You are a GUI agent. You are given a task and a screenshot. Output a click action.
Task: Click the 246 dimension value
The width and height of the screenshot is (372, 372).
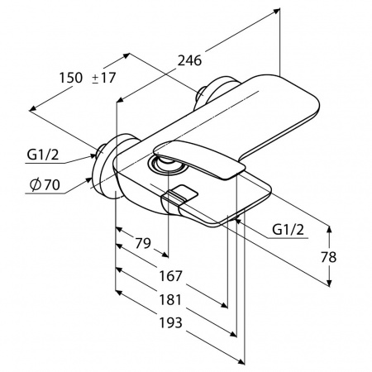click(x=189, y=60)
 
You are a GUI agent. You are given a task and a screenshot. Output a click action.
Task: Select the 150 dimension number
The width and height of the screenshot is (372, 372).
click(x=71, y=78)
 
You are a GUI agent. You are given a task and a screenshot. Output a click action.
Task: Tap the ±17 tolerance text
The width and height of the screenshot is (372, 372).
click(x=103, y=78)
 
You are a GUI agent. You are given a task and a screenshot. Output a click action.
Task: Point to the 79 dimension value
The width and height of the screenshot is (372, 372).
click(x=143, y=243)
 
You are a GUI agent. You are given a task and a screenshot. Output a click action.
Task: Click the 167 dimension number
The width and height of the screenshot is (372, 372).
click(x=171, y=276)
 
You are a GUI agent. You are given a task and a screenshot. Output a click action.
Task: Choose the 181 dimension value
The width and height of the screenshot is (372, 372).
click(x=171, y=300)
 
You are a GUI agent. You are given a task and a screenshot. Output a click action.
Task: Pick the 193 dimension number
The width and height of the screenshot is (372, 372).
click(x=171, y=322)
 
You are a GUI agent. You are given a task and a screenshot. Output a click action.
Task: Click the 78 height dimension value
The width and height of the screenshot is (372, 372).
click(x=328, y=257)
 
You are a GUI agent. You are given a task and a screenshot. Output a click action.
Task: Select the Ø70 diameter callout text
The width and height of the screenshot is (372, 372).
click(x=45, y=185)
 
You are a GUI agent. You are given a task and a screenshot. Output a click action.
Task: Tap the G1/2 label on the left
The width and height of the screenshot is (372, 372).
click(x=43, y=155)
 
